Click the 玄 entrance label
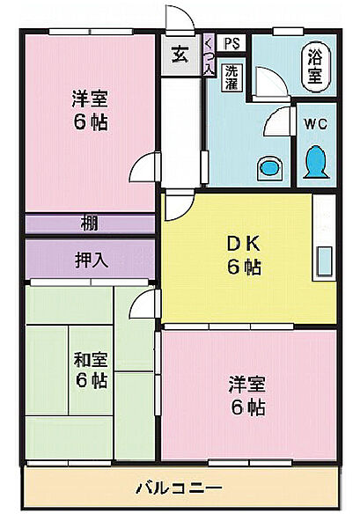[x=180, y=55]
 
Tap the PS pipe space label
[x=232, y=43]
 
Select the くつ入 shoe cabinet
[x=209, y=55]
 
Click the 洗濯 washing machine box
[x=231, y=77]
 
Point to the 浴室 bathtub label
[x=315, y=66]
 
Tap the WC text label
[x=315, y=124]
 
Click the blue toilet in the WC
[x=316, y=162]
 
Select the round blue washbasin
[x=269, y=167]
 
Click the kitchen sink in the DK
[x=325, y=261]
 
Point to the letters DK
[x=244, y=244]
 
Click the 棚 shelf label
[x=89, y=224]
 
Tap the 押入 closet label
[x=92, y=260]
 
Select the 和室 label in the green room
[x=91, y=359]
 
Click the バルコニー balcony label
[x=179, y=488]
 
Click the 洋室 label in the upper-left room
[x=90, y=99]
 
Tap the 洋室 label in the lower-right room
[x=247, y=385]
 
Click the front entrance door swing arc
[x=186, y=14]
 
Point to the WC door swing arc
[x=272, y=119]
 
